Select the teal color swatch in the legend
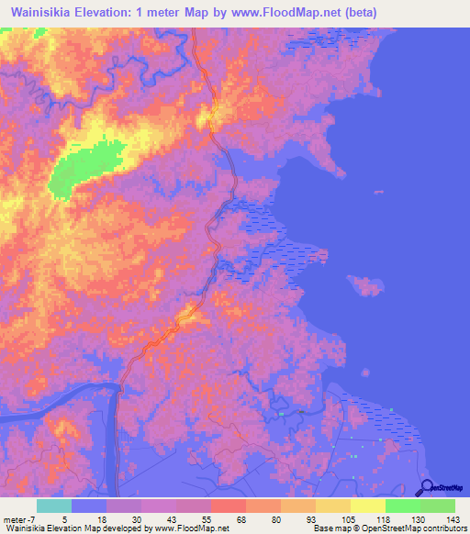[x=54, y=506]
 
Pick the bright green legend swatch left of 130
[x=403, y=506]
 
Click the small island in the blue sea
[x=371, y=288]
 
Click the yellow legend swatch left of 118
[x=368, y=506]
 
